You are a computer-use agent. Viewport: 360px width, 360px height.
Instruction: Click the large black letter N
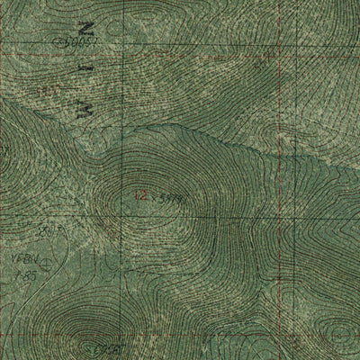[85, 28]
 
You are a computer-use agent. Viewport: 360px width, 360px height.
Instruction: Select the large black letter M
[88, 108]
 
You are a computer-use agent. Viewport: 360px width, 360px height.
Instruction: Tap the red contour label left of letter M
[54, 91]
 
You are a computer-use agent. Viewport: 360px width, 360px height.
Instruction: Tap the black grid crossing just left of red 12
[126, 193]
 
